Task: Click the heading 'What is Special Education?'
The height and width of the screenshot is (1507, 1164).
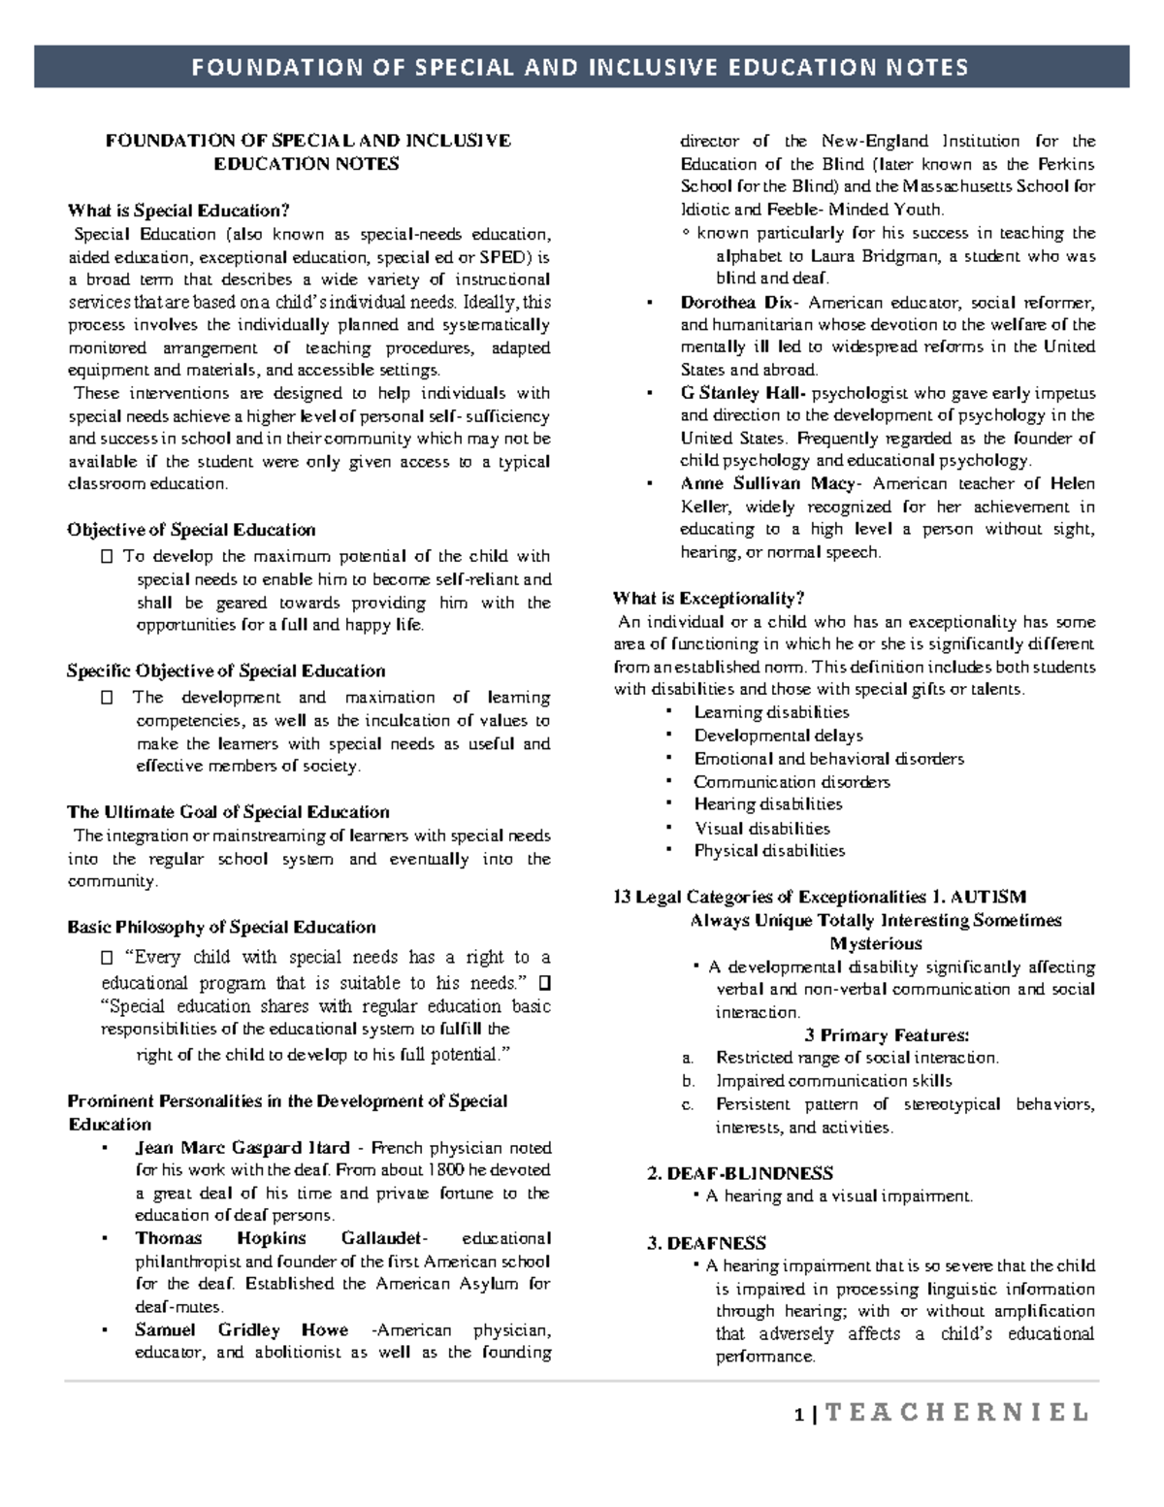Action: tap(178, 211)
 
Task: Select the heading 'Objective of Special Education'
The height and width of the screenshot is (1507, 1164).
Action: tap(191, 530)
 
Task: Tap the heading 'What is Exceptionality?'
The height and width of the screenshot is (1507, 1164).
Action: tap(709, 598)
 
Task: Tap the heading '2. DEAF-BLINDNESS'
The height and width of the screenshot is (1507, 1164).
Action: tap(740, 1173)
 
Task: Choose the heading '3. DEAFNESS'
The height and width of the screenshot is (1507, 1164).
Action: tap(706, 1243)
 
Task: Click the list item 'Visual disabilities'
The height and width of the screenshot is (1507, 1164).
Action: tap(761, 828)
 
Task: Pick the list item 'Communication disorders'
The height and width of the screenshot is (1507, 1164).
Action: tap(792, 781)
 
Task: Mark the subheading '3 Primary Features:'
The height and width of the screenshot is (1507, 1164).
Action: tap(887, 1034)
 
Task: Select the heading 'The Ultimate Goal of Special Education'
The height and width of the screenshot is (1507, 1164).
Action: tap(228, 812)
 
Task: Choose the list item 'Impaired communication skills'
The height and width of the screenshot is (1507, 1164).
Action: tap(833, 1080)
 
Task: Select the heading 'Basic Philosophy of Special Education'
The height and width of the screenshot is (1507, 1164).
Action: tap(221, 927)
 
